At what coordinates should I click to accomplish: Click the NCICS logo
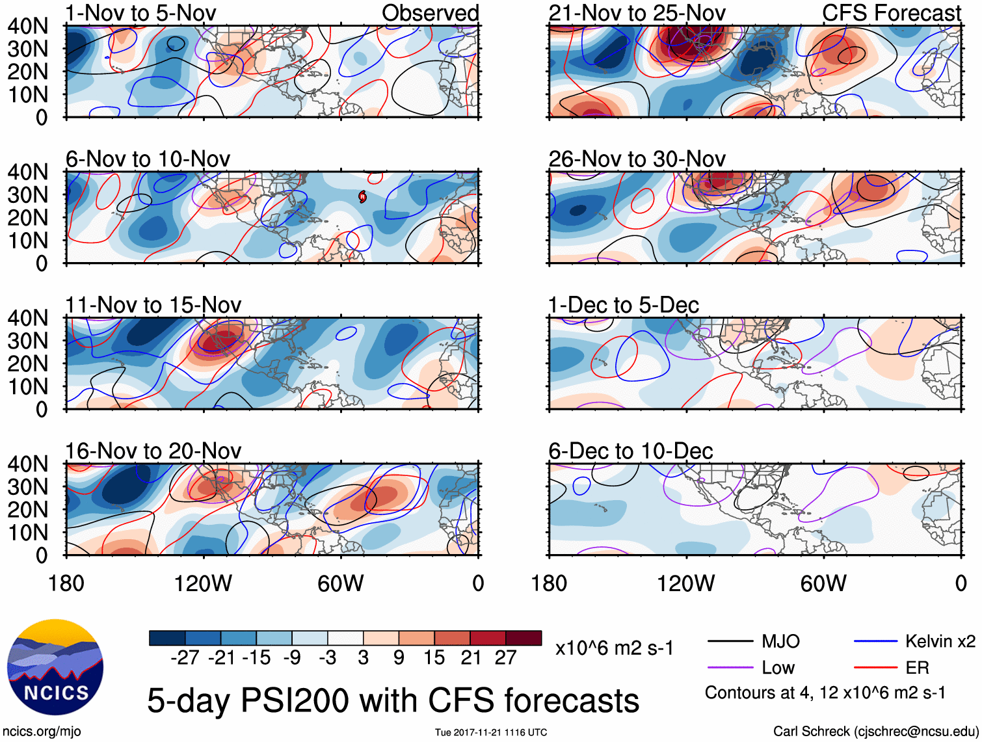55,667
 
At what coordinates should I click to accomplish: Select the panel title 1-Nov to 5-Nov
140,13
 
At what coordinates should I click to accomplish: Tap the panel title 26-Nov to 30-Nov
637,159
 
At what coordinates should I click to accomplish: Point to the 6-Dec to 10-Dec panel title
630,451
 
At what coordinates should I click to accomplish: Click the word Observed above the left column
430,13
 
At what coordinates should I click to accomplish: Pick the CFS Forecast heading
891,13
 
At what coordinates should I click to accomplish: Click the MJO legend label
780,642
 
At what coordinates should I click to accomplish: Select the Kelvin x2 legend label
940,642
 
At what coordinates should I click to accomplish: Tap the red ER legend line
875,668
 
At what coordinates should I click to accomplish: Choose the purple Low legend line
730,668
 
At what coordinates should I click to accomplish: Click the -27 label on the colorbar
185,658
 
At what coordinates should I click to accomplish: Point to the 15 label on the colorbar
434,658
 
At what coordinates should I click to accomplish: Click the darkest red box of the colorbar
524,638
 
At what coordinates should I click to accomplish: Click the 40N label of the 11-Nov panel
28,318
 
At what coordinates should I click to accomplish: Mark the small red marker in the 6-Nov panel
363,196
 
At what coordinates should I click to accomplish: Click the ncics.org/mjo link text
42,732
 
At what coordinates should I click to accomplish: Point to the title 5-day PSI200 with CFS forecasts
393,701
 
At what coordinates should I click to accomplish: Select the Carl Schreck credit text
875,732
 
